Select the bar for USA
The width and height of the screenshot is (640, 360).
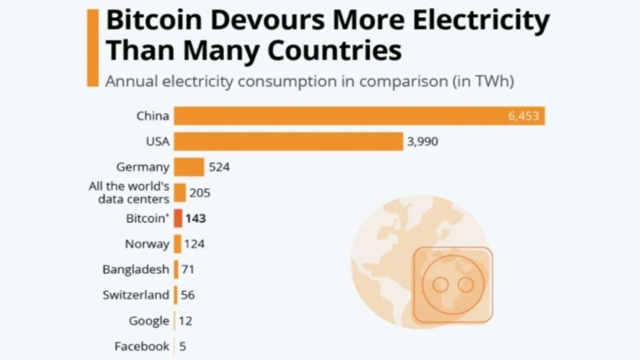click(288, 141)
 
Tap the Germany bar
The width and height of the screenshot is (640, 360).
click(189, 167)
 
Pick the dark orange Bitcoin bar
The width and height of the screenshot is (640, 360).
click(178, 218)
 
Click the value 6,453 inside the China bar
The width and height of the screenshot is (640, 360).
click(523, 116)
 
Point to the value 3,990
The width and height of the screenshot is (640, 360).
click(422, 141)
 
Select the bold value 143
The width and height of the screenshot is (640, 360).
click(195, 218)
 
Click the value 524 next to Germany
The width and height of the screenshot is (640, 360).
click(219, 167)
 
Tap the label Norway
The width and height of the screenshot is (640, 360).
click(147, 244)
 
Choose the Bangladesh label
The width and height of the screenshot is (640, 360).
click(136, 269)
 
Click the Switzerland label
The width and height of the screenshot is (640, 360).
click(136, 295)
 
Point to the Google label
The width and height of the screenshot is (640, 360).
click(149, 320)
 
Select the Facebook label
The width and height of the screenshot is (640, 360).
click(142, 346)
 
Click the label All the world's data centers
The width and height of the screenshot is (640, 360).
click(129, 193)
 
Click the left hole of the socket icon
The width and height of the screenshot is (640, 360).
click(440, 285)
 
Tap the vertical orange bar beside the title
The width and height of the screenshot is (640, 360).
click(92, 48)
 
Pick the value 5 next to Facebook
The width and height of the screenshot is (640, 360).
click(182, 346)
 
